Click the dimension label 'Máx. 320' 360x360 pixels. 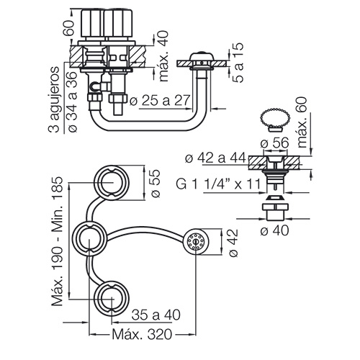(x=142, y=334)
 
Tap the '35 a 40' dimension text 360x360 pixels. (x=156, y=315)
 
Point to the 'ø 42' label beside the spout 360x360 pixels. (x=233, y=243)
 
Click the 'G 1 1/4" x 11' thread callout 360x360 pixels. (x=218, y=184)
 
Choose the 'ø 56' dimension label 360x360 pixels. (x=274, y=143)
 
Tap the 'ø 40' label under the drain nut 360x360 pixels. (x=274, y=230)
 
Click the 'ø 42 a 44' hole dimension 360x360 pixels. (x=216, y=158)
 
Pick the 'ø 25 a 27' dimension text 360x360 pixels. (x=160, y=100)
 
